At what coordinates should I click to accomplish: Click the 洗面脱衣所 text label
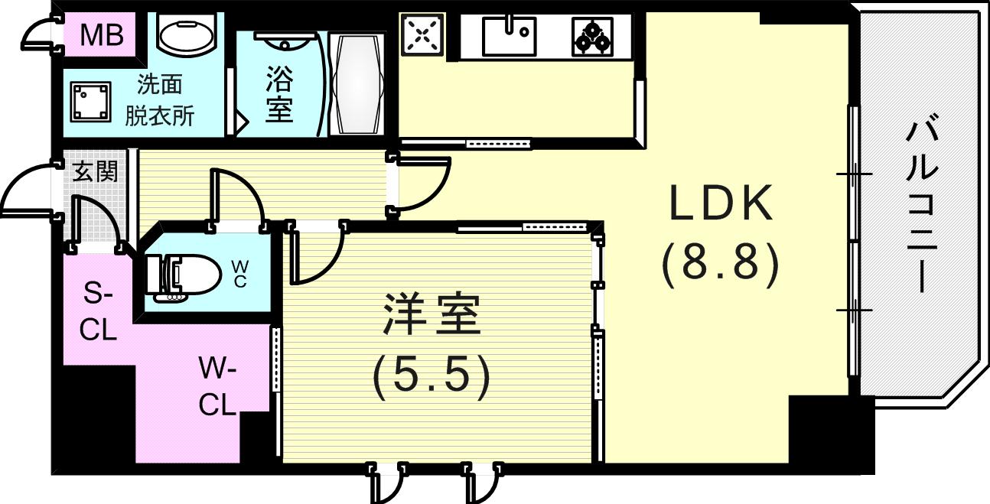tap(160, 99)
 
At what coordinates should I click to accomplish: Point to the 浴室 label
tap(278, 93)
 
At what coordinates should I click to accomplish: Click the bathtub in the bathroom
tap(355, 84)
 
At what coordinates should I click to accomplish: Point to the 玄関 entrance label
tap(94, 171)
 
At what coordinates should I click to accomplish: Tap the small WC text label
tap(239, 274)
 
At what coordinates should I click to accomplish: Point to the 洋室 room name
tap(432, 315)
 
